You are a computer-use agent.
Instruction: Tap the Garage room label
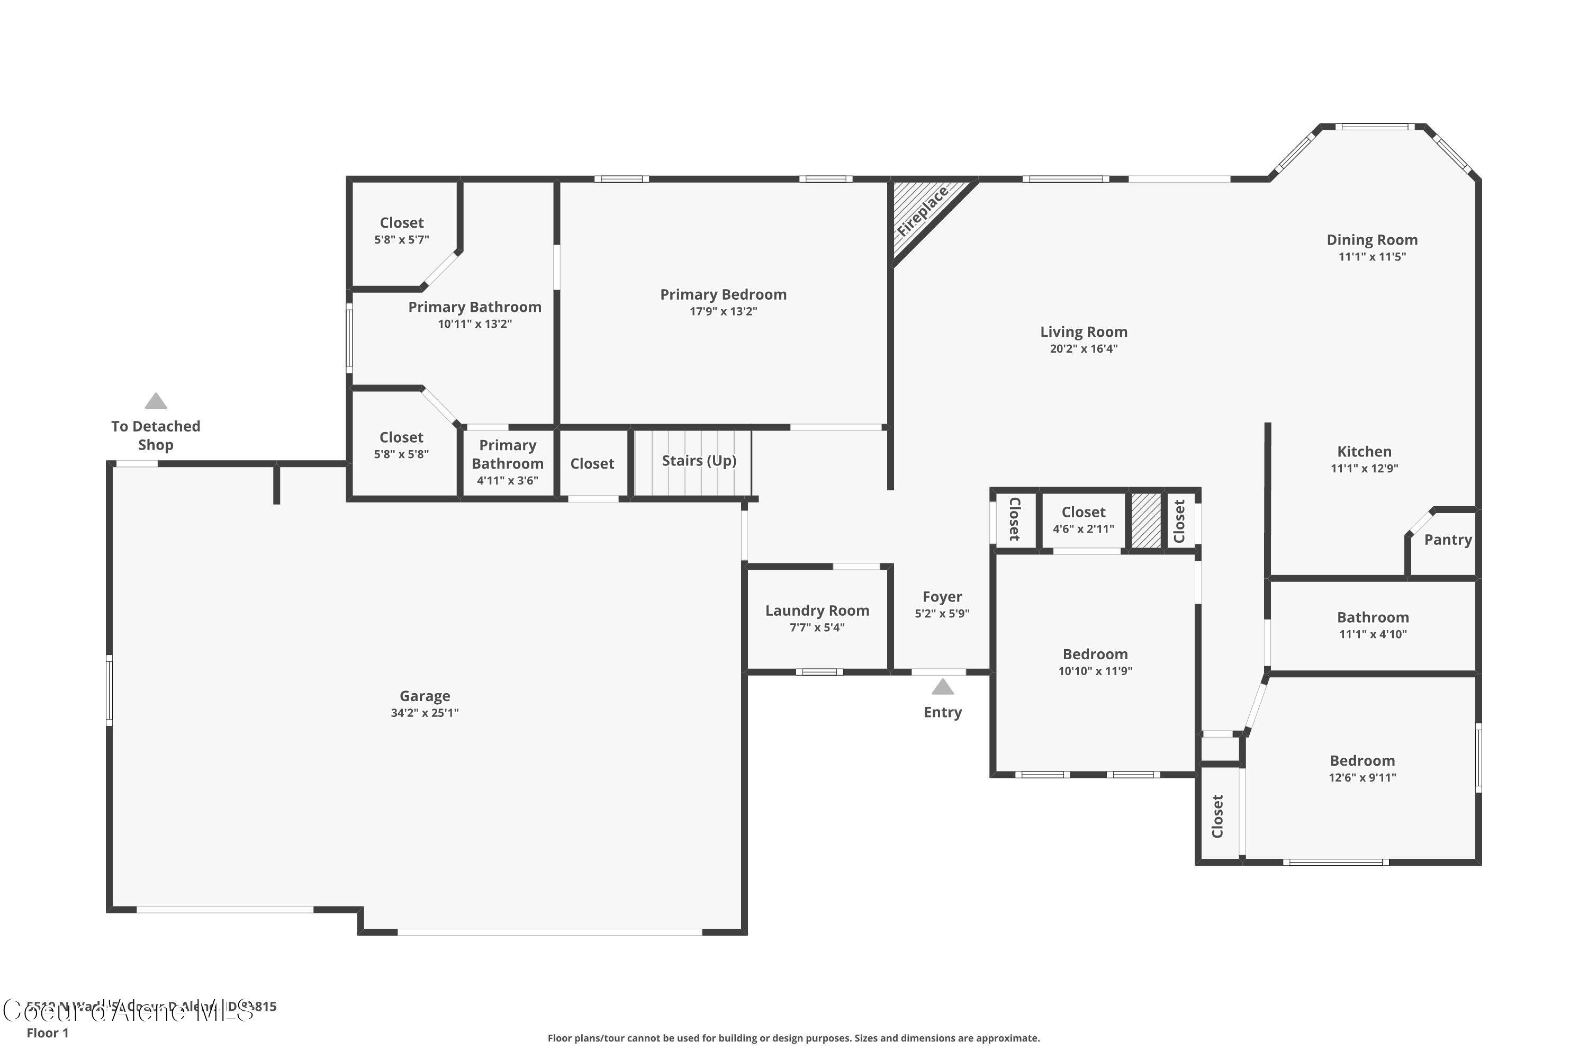pyautogui.click(x=425, y=696)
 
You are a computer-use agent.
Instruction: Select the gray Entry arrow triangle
pyautogui.click(x=943, y=687)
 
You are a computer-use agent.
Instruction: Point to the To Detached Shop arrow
pyautogui.click(x=156, y=401)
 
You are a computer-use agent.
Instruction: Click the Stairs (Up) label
pyautogui.click(x=699, y=461)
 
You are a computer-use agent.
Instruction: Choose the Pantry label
pyautogui.click(x=1448, y=540)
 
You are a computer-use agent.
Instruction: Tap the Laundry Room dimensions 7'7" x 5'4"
pyautogui.click(x=817, y=627)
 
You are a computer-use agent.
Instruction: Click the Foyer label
pyautogui.click(x=942, y=597)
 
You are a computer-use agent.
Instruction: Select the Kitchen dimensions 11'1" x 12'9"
pyautogui.click(x=1364, y=469)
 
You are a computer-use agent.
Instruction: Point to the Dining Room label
pyautogui.click(x=1372, y=240)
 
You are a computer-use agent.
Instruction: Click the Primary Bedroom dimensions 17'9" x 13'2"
pyautogui.click(x=723, y=311)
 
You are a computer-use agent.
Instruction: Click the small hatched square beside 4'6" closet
pyautogui.click(x=1146, y=520)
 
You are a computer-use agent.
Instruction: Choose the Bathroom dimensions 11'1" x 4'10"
pyautogui.click(x=1373, y=634)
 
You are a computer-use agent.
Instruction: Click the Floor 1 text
pyautogui.click(x=47, y=1033)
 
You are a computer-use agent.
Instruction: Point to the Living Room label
pyautogui.click(x=1083, y=331)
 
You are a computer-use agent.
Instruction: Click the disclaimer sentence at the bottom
pyautogui.click(x=793, y=1038)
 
